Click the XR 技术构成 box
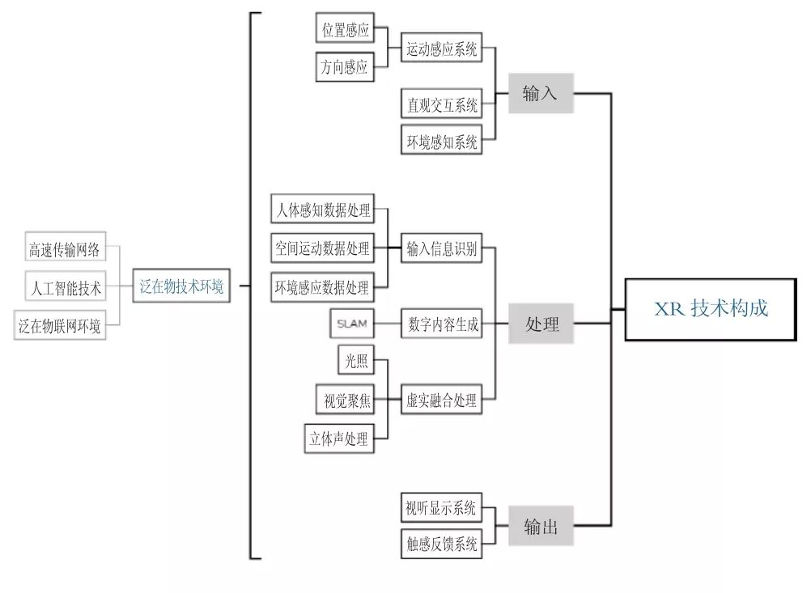(711, 309)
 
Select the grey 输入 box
(541, 93)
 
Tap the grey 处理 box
(541, 324)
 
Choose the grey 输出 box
(541, 527)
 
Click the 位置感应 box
(345, 30)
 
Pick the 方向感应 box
(345, 67)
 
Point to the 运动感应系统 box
(442, 49)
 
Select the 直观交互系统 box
(442, 104)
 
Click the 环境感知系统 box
(442, 142)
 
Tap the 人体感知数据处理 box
(322, 211)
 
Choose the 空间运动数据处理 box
(322, 249)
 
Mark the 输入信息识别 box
(442, 249)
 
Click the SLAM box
(352, 324)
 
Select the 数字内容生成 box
(442, 324)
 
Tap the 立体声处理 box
(339, 438)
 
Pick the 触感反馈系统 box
(442, 543)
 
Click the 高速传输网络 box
(65, 249)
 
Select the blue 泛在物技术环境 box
(181, 286)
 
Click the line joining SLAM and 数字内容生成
(388, 324)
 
